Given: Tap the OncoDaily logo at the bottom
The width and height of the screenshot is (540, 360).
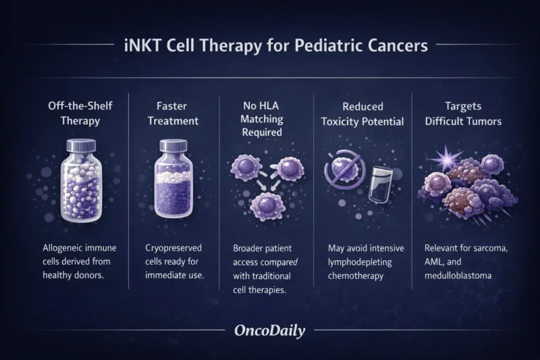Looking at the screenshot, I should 269,332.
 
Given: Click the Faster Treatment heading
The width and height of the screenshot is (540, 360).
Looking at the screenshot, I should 174,114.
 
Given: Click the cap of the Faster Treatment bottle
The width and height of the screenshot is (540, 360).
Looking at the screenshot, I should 173,147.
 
